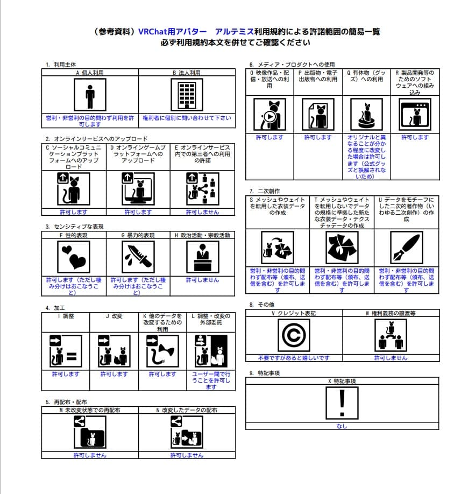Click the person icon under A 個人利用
pyautogui.click(x=90, y=95)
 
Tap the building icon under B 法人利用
pyautogui.click(x=187, y=95)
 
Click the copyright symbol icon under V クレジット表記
pyautogui.click(x=294, y=335)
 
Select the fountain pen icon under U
pyautogui.click(x=407, y=247)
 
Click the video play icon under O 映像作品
pyautogui.click(x=270, y=115)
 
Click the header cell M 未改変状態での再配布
pyautogui.click(x=90, y=410)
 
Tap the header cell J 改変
pyautogui.click(x=114, y=316)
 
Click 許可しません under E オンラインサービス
pyautogui.click(x=202, y=212)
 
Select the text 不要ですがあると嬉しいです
pyautogui.click(x=294, y=358)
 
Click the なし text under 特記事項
pyautogui.click(x=342, y=426)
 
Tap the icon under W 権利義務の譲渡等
pyautogui.click(x=391, y=335)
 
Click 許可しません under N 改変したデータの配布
pyautogui.click(x=187, y=455)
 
